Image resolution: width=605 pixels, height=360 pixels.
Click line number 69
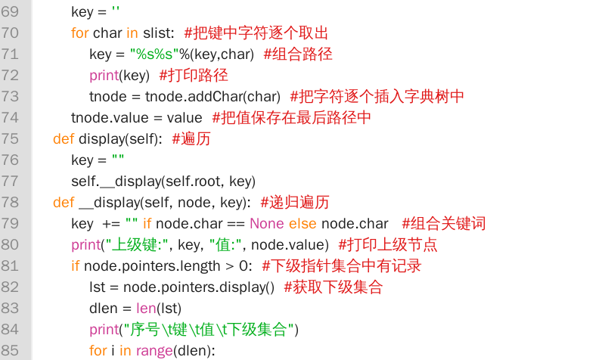(10, 11)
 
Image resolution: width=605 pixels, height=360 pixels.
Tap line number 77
(10, 181)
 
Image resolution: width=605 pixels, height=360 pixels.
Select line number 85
(10, 350)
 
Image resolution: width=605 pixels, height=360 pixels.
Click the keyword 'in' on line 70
(132, 33)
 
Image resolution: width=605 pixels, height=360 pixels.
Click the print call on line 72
(104, 75)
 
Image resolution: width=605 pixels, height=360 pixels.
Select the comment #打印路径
(194, 75)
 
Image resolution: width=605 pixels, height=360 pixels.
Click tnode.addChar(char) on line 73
(213, 97)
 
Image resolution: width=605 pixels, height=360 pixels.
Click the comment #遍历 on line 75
(191, 138)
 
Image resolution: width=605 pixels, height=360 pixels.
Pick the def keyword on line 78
(64, 202)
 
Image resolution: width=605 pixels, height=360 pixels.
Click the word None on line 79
(267, 223)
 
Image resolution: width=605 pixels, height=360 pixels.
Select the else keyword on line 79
(302, 223)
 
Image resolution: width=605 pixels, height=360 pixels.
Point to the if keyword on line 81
(75, 266)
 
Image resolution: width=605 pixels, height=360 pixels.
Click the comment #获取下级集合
(334, 287)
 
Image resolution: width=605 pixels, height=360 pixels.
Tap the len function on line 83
(146, 309)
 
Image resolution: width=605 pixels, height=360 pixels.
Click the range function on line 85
(154, 351)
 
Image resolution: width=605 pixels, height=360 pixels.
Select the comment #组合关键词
(444, 223)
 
